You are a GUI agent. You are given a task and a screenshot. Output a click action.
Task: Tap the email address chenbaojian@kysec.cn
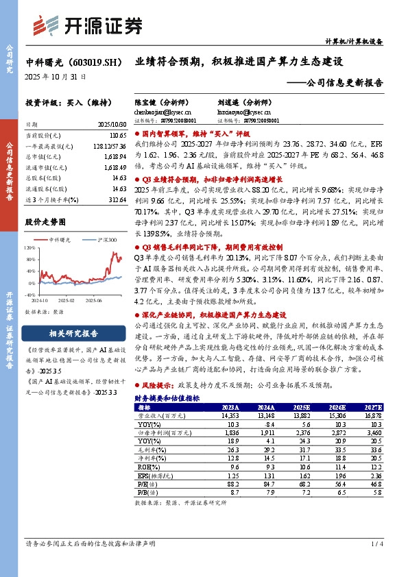pos(163,111)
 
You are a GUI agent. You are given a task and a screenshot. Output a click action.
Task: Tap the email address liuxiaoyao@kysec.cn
pos(244,111)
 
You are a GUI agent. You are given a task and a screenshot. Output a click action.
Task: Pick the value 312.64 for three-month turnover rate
pos(118,199)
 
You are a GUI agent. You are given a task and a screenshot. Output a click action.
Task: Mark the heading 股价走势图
pos(45,222)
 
